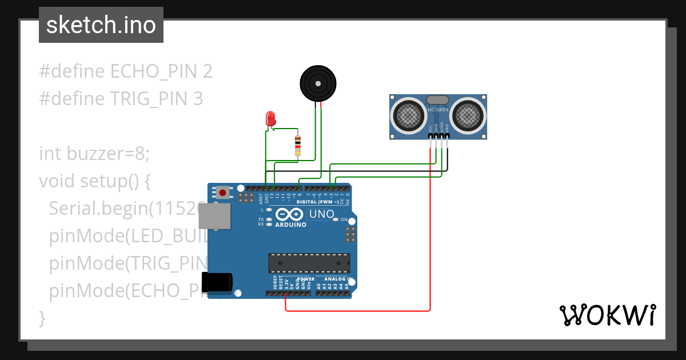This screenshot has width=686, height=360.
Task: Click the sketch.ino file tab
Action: coord(101,25)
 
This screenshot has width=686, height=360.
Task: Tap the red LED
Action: coord(270,119)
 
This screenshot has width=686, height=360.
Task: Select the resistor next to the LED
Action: coord(297,145)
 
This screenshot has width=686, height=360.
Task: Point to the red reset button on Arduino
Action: coord(222,192)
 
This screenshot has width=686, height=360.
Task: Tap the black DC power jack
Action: coord(217,282)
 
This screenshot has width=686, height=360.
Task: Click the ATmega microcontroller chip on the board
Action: coord(309,262)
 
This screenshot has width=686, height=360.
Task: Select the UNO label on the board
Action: coord(321,215)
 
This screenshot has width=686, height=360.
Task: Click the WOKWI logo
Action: coord(607,315)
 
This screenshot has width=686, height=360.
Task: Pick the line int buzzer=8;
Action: coord(94,154)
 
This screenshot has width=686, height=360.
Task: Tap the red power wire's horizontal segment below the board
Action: coord(357,311)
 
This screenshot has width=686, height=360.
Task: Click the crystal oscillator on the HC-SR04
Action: coord(438,100)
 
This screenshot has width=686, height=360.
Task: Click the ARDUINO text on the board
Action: coord(290,225)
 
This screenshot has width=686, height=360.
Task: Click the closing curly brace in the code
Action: coord(42,318)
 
